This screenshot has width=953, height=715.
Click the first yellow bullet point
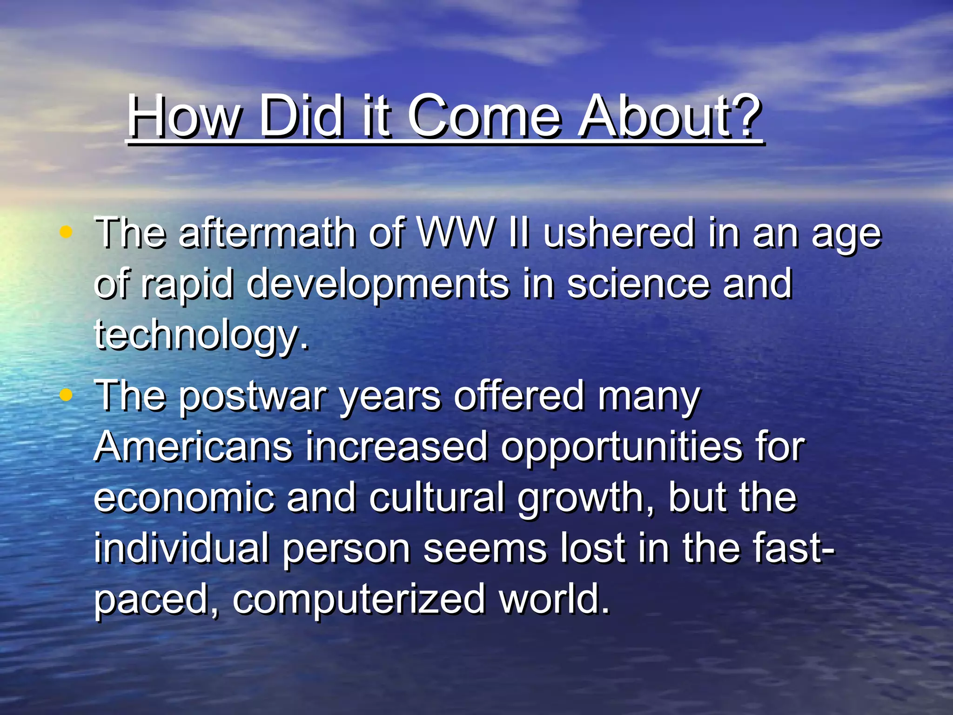(x=66, y=231)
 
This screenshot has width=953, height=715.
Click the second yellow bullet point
(x=66, y=395)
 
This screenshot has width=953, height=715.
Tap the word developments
(x=377, y=285)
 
